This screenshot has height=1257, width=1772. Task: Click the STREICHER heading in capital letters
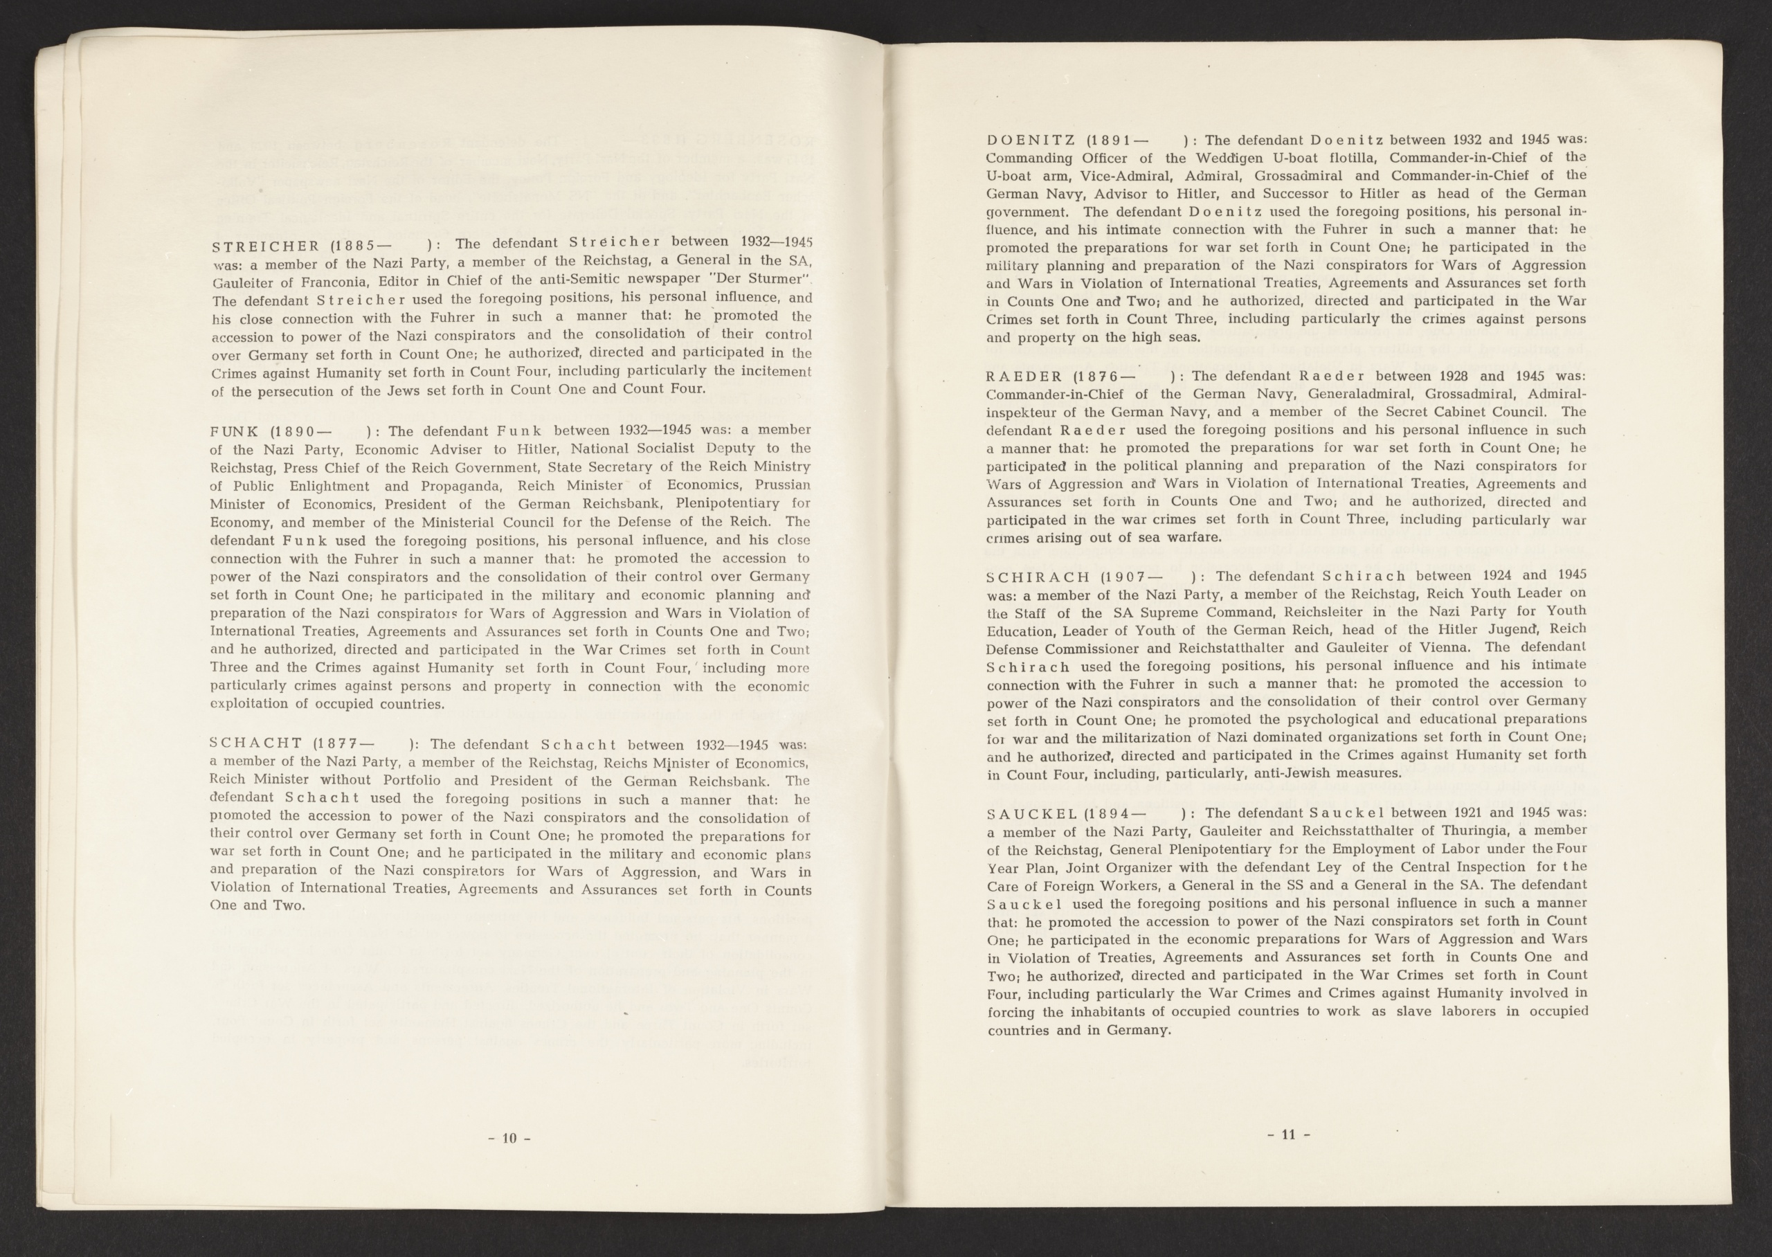tap(264, 246)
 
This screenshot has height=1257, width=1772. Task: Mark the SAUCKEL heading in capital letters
tap(1031, 813)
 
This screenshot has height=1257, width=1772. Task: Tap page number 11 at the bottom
tap(1287, 1134)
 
